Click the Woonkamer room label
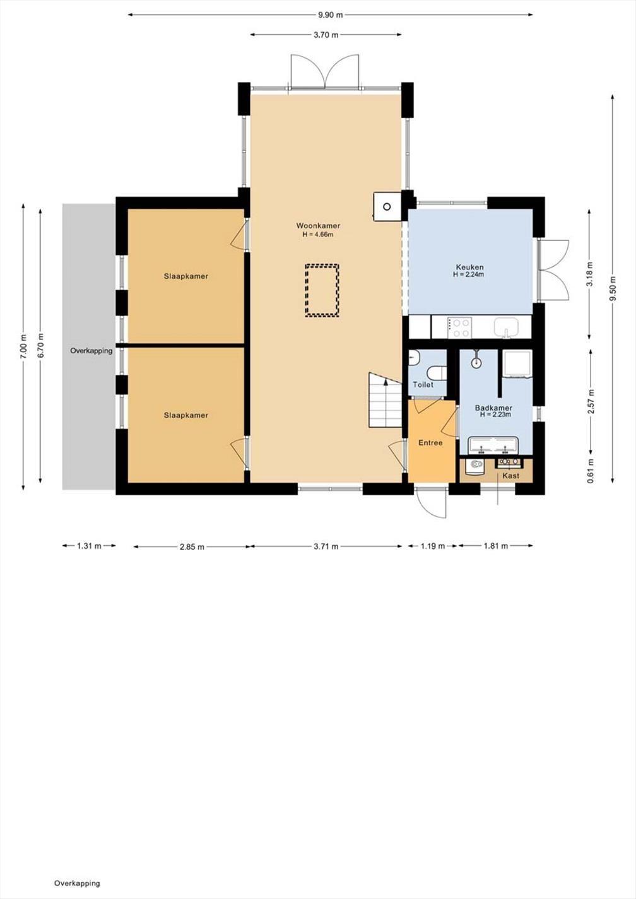[x=318, y=226]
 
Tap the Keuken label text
[x=469, y=267]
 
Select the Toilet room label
[x=423, y=385]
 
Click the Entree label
[x=430, y=443]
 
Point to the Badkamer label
[x=493, y=408]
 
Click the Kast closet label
[x=511, y=476]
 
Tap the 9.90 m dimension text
[x=331, y=15]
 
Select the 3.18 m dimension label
[x=590, y=274]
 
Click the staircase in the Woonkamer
[x=386, y=400]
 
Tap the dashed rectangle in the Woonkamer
[x=322, y=290]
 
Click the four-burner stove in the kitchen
[x=459, y=327]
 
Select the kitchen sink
[x=507, y=327]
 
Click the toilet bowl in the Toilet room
[x=437, y=373]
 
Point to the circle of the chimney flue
[x=387, y=207]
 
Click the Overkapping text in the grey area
[x=91, y=351]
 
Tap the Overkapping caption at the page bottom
[x=77, y=883]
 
